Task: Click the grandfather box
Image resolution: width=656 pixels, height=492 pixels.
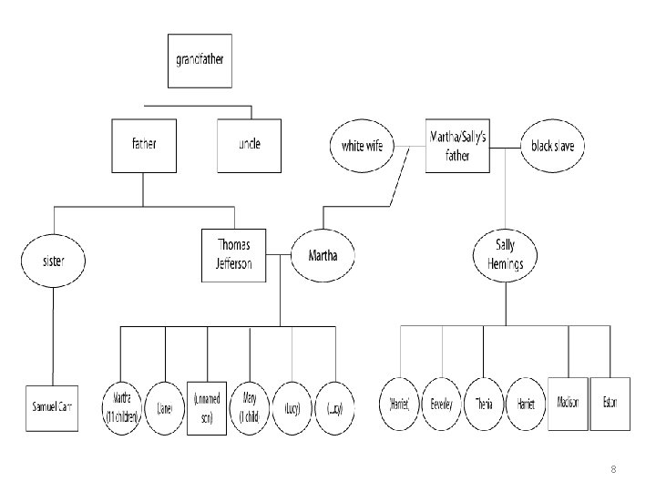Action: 199,62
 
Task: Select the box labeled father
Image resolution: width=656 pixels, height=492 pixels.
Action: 143,145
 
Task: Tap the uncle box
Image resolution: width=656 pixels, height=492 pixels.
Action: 248,145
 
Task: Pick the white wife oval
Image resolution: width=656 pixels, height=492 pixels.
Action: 362,146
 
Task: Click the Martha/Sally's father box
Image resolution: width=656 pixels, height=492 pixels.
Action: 457,145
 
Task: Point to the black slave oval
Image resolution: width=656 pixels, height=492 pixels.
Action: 553,146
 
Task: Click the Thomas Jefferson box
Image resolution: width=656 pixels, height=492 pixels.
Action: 234,255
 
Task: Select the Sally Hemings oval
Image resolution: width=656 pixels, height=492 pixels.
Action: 506,256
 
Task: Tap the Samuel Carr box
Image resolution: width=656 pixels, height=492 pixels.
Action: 52,405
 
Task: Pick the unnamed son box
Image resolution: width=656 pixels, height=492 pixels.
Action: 207,407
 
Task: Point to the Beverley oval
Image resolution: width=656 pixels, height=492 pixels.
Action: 443,405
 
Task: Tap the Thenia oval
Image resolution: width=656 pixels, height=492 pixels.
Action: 484,405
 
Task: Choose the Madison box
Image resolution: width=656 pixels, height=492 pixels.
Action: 569,404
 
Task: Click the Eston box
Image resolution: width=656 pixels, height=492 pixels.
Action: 610,404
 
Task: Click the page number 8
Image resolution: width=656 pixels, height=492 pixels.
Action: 613,470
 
